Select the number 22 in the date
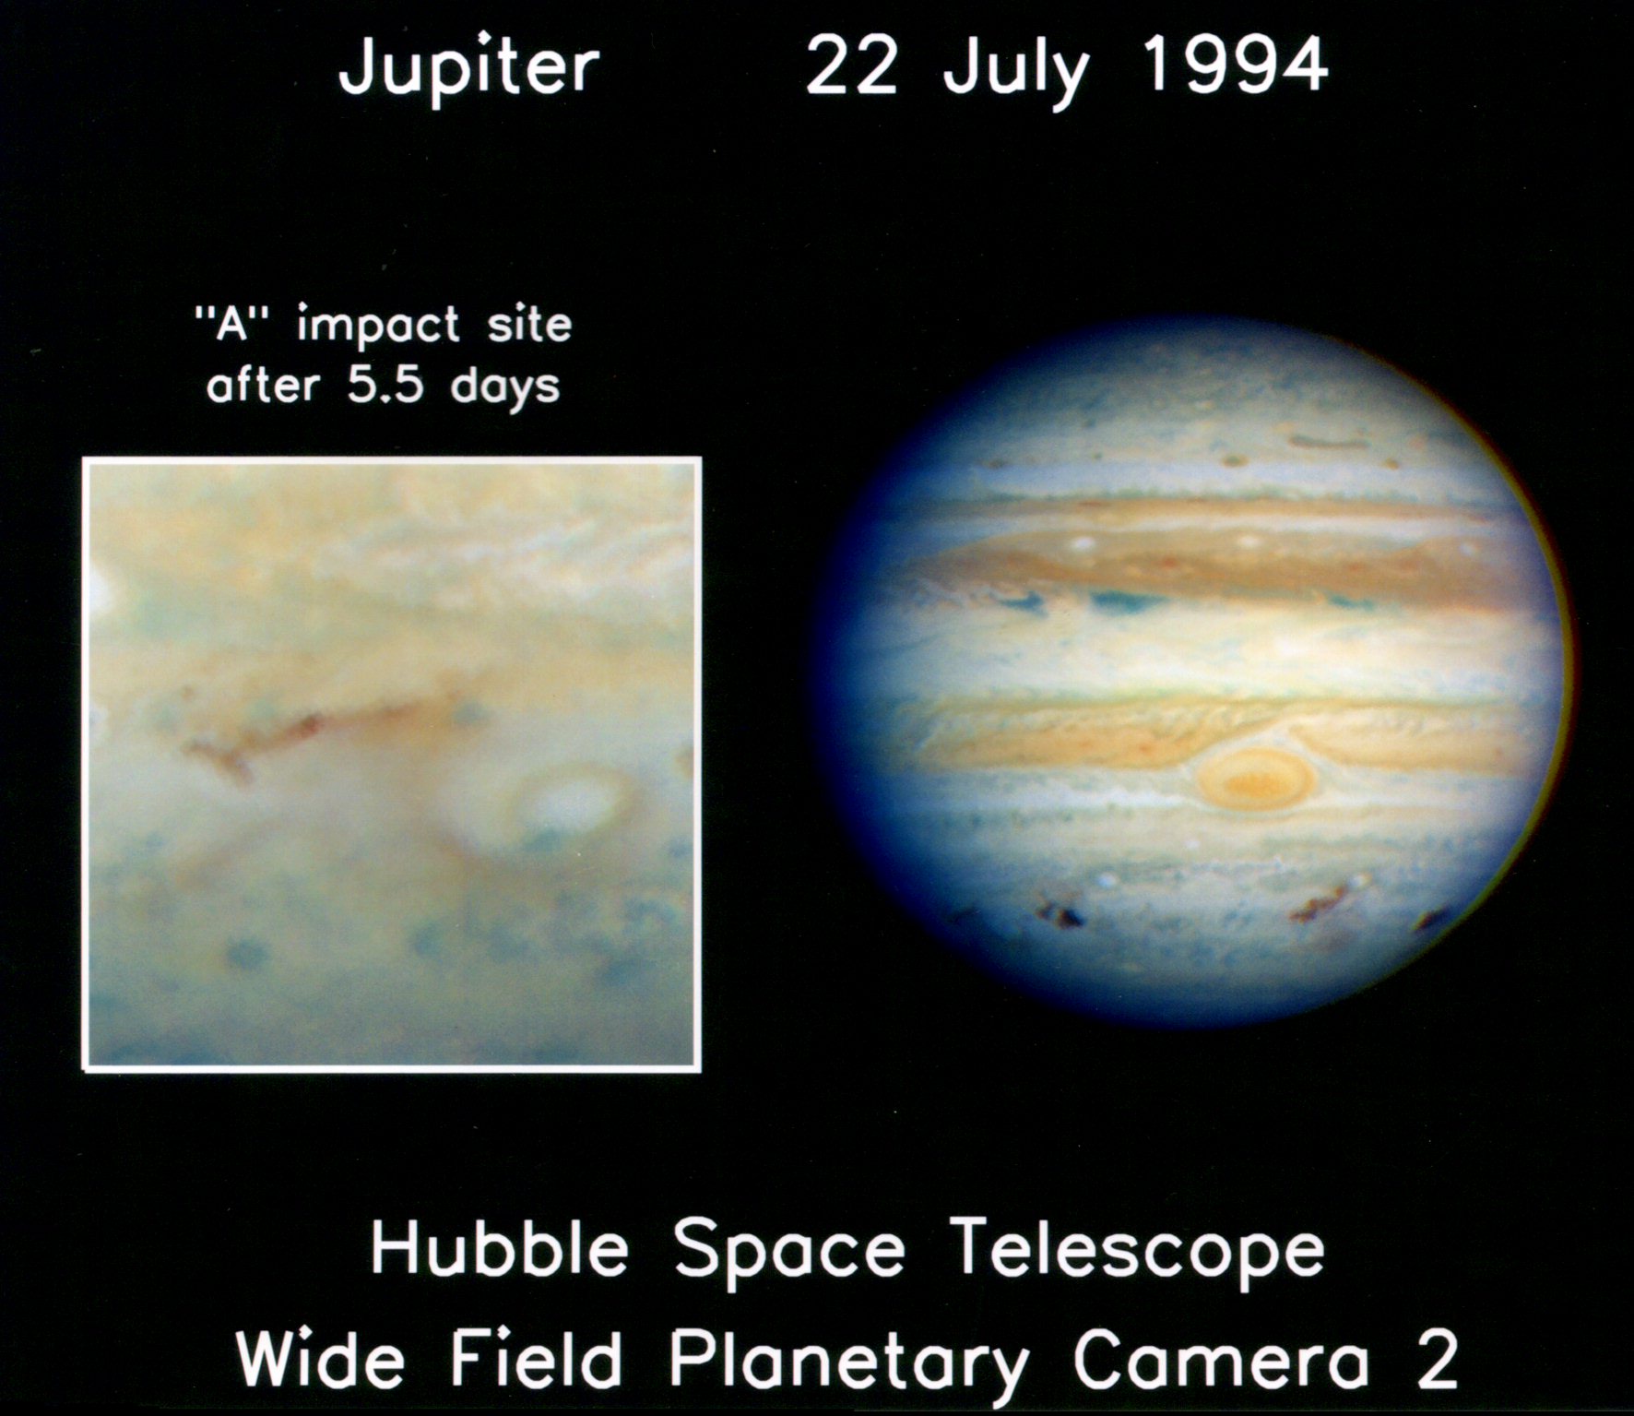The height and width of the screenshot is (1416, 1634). [851, 66]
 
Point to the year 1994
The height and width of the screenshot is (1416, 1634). [1235, 66]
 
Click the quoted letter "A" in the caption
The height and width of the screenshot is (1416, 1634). [232, 325]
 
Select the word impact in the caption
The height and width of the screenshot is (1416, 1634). [378, 328]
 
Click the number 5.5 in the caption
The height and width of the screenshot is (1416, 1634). [385, 385]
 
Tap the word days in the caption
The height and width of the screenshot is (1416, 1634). [505, 388]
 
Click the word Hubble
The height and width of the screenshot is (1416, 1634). [500, 1247]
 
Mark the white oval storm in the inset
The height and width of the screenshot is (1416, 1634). [564, 804]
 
